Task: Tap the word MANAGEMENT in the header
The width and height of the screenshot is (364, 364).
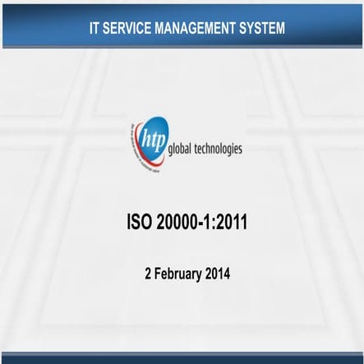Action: (198, 29)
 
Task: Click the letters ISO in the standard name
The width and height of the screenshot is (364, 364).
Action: (141, 222)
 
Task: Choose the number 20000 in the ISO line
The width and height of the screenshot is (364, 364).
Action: (178, 222)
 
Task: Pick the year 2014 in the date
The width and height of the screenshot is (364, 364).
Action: (217, 273)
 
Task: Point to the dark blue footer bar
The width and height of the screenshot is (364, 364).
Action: (182, 358)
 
